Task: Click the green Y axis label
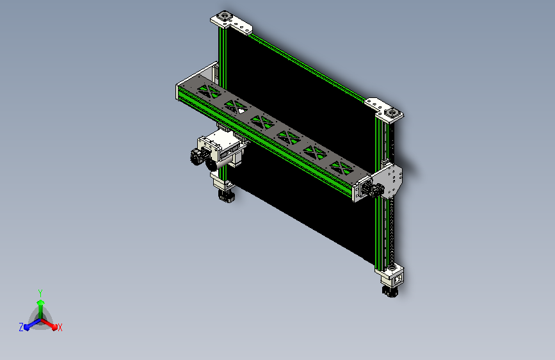(40, 291)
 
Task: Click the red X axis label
(60, 328)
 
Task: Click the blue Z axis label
(21, 327)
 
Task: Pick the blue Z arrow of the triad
(29, 325)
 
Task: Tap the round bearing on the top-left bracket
(225, 15)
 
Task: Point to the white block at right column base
(390, 277)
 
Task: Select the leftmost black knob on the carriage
(194, 156)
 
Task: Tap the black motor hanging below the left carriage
(226, 195)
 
